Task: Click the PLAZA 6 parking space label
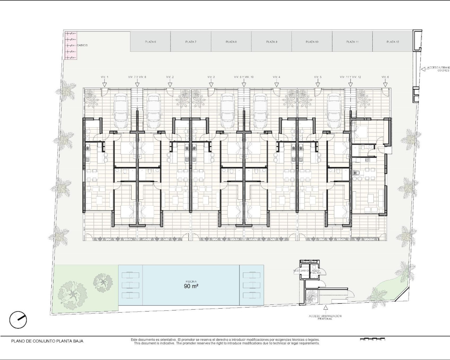(150, 42)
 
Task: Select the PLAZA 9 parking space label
(271, 42)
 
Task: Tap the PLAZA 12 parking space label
(393, 42)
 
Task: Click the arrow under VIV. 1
(104, 84)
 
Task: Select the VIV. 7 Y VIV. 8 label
(137, 77)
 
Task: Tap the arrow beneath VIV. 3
(211, 84)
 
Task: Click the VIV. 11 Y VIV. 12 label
(351, 77)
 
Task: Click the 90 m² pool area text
(191, 286)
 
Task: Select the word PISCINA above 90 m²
(191, 282)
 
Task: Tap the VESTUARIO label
(301, 271)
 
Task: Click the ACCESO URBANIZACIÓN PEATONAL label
(325, 317)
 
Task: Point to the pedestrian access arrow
(325, 309)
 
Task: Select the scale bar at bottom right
(373, 340)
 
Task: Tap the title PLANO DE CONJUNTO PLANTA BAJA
(47, 341)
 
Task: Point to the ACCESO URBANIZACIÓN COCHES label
(438, 69)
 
